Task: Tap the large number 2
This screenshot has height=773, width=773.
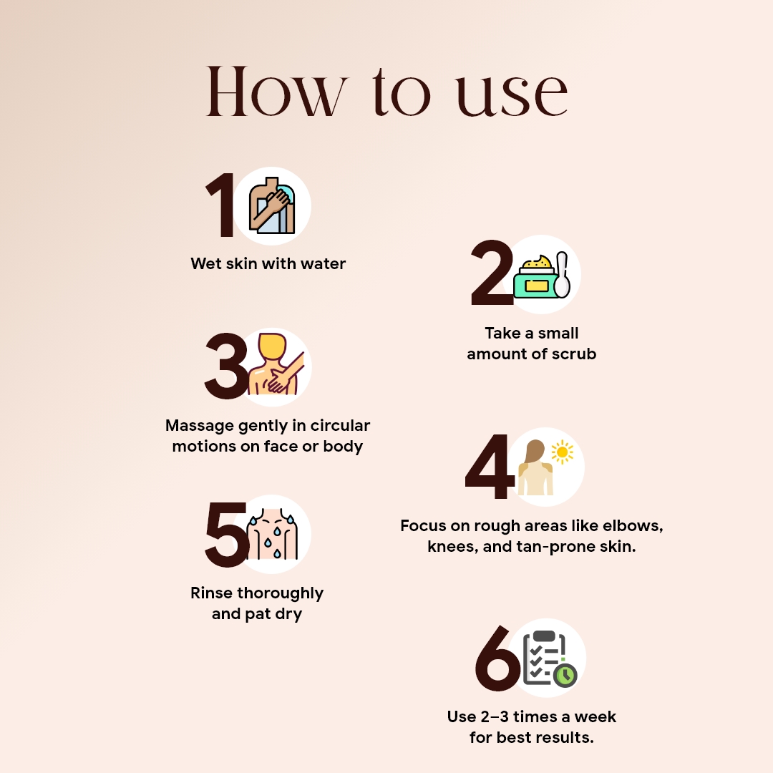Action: (x=492, y=275)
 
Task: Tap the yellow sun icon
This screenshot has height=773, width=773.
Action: (x=562, y=452)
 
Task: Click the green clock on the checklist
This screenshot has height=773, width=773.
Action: (x=565, y=675)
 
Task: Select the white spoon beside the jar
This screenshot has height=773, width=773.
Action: (x=563, y=276)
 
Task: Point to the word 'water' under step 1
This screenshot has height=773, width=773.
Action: (x=319, y=263)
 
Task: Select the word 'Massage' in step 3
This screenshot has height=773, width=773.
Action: (x=196, y=425)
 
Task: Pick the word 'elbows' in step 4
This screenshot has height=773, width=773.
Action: (x=635, y=526)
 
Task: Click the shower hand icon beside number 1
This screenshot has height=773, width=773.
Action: (x=272, y=206)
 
